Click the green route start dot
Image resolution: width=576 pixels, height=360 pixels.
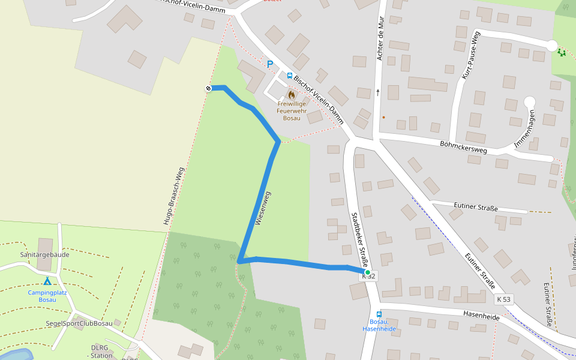click(x=368, y=272)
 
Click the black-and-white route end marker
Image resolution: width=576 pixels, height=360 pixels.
click(x=209, y=88)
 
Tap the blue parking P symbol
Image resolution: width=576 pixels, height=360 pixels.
click(x=270, y=64)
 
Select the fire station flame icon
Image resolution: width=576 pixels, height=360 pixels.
click(x=292, y=94)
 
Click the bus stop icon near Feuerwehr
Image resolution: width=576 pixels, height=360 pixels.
click(x=290, y=76)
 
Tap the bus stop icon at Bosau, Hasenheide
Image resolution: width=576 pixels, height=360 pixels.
click(x=379, y=314)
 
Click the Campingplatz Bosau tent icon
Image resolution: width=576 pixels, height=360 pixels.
click(x=47, y=281)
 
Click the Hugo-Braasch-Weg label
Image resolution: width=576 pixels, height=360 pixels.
click(x=173, y=196)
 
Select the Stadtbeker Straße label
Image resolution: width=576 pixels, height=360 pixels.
click(x=359, y=233)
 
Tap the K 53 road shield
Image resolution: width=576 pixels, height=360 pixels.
click(x=504, y=299)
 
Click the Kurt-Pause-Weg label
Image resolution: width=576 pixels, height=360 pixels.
click(x=471, y=55)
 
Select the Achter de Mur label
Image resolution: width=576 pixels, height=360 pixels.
click(x=380, y=38)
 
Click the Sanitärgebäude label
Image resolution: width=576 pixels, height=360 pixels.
click(x=44, y=254)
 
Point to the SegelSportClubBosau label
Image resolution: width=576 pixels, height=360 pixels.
click(x=79, y=323)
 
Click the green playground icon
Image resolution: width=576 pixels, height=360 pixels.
click(x=562, y=53)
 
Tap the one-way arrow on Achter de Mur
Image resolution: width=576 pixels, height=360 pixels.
click(x=378, y=92)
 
